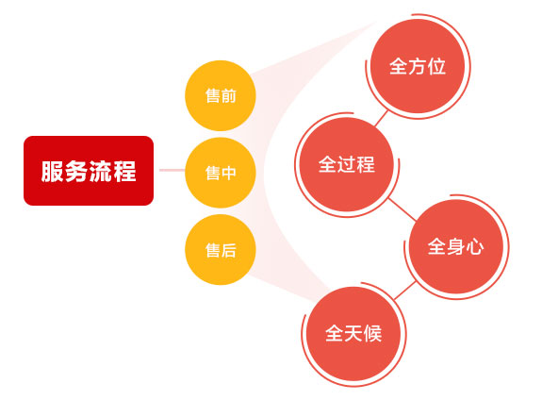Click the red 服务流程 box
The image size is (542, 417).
89,171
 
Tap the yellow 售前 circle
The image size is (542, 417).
221,96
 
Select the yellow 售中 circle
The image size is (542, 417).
221,173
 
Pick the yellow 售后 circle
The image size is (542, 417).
221,249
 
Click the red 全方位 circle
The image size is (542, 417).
418,66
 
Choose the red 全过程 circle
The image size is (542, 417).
347,164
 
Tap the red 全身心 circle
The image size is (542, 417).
456,247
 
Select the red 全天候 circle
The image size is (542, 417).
353,334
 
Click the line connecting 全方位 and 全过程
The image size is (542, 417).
381,119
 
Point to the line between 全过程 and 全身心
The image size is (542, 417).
402,209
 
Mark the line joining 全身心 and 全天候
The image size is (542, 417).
404,291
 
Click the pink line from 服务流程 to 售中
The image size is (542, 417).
172,170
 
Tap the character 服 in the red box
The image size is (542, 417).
52,171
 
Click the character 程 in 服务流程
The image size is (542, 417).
124,171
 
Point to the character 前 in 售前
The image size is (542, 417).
228,96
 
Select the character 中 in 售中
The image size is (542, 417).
228,173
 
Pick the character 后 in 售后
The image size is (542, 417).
228,250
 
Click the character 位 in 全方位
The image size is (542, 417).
436,66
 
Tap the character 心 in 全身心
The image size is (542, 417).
475,247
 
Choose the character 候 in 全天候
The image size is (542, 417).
372,334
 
